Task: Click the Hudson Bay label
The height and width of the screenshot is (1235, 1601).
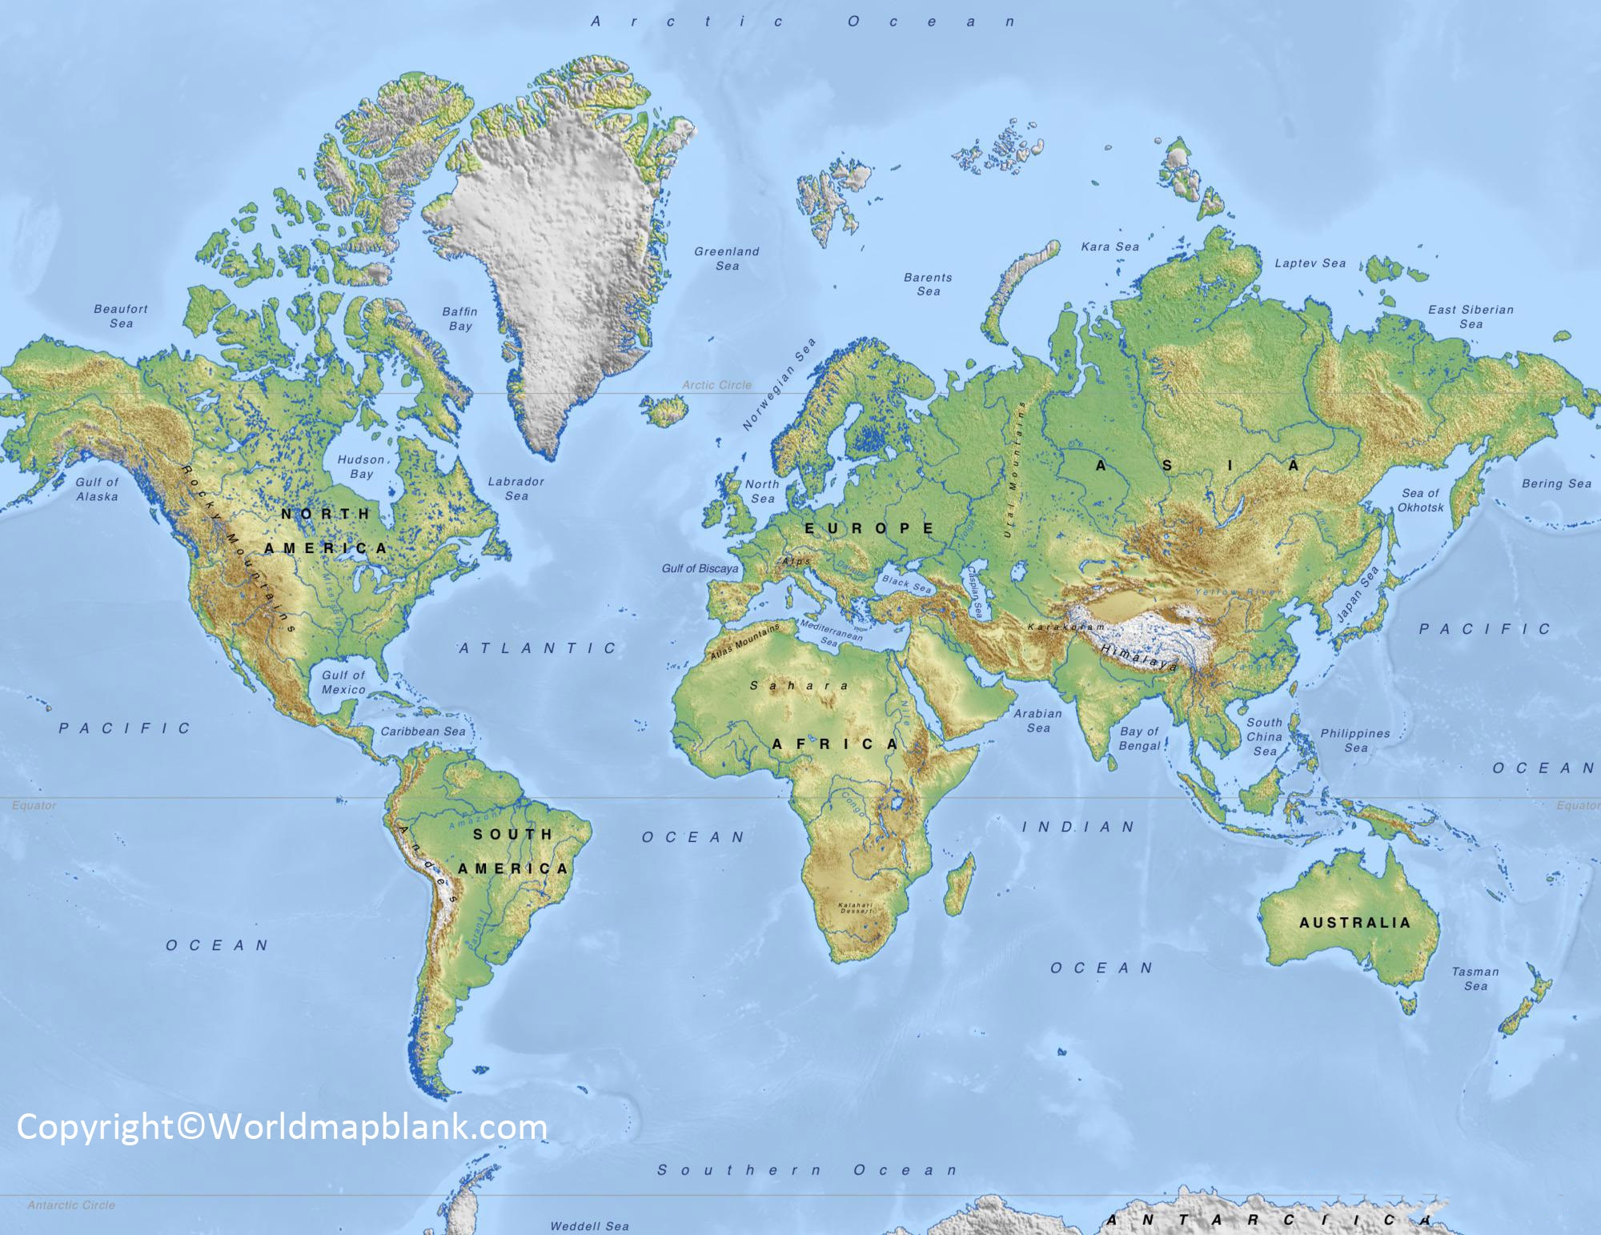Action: (361, 467)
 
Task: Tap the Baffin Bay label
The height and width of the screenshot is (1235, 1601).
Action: (460, 319)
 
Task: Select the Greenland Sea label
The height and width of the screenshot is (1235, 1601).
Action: (727, 258)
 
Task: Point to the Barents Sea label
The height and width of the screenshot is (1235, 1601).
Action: (928, 284)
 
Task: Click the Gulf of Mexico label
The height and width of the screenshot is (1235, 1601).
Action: (343, 682)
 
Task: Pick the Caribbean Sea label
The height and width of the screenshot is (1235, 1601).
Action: (423, 731)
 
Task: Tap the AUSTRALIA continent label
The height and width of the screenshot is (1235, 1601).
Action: (1354, 923)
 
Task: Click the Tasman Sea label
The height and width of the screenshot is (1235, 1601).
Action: (1475, 979)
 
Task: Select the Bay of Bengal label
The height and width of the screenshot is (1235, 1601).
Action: (1140, 738)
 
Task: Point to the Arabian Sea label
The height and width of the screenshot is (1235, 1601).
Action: (1038, 720)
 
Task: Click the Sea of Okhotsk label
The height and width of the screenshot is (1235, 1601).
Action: (1421, 500)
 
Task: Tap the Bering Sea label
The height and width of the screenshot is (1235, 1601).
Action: (1556, 483)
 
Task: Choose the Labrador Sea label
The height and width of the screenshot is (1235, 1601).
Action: (516, 488)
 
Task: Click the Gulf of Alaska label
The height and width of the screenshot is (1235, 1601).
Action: (97, 489)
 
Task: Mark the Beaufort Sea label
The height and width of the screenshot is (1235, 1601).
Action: (121, 315)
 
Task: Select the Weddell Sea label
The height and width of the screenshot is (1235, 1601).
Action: (589, 1225)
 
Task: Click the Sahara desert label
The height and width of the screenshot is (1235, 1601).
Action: (800, 686)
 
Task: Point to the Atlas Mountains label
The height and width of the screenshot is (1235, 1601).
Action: (744, 643)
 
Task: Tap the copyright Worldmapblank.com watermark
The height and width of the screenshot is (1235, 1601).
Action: (282, 1127)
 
